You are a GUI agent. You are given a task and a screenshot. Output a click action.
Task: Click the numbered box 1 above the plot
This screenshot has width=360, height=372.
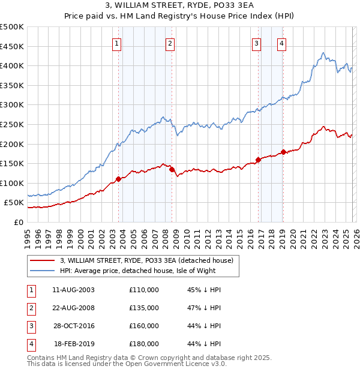pos(116,43)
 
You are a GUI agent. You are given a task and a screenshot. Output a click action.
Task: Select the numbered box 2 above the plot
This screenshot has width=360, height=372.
pos(170,43)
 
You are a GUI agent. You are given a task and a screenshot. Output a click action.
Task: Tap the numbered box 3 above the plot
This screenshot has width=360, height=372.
pos(256,43)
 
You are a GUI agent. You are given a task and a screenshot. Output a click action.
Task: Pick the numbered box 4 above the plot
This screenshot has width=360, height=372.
pos(281,43)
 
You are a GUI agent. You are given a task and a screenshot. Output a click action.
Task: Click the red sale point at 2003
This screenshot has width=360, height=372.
pos(119,179)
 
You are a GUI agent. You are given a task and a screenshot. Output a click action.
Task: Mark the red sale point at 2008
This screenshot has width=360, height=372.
pos(172,170)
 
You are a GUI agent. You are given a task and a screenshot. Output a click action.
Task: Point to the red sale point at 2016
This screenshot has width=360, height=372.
pos(259,160)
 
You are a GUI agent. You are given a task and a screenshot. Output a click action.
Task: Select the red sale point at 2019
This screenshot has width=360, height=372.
pos(283,152)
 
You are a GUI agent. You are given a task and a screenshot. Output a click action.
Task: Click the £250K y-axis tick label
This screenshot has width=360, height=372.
pos(12,124)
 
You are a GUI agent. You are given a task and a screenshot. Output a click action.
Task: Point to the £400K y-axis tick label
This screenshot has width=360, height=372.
pos(12,66)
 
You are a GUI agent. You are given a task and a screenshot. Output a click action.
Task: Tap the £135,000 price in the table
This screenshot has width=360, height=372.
pos(144,308)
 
